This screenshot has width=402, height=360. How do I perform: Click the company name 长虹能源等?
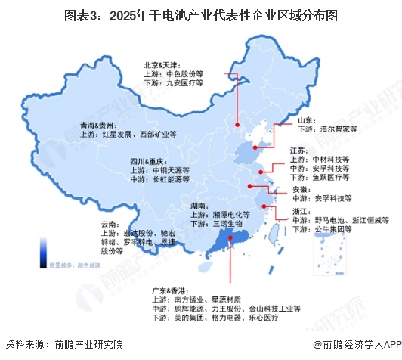[171, 180]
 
